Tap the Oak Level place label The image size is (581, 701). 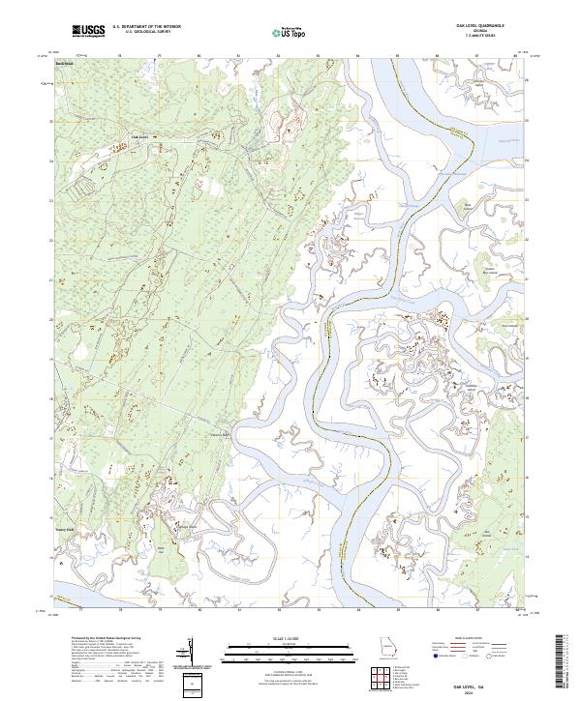coord(138,137)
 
